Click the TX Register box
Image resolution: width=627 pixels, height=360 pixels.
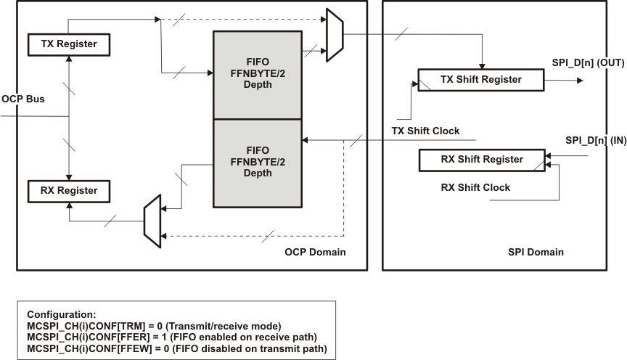(67, 44)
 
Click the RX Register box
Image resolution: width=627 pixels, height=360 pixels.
(67, 191)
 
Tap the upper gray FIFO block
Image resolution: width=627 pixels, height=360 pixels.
(258, 75)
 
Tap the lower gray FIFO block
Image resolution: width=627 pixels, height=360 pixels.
(258, 163)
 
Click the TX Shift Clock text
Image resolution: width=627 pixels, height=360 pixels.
(425, 131)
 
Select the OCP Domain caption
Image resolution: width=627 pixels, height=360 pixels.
(314, 252)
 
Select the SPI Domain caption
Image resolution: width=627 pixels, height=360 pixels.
(536, 252)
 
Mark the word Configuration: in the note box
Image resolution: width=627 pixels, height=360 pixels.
(60, 314)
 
